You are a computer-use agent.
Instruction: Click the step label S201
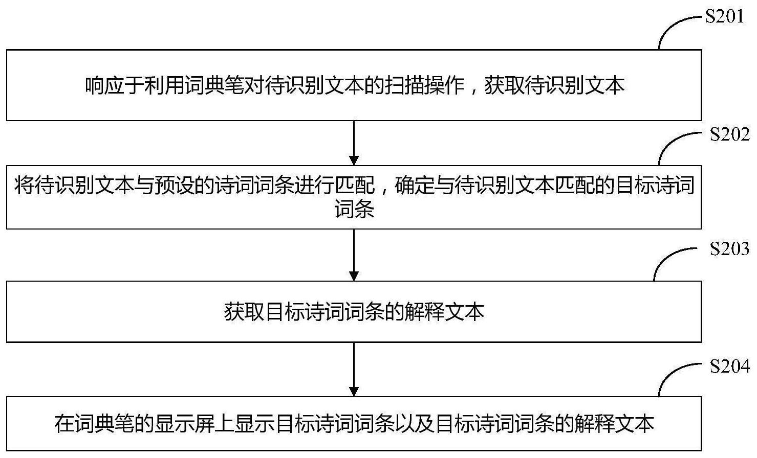pyautogui.click(x=724, y=16)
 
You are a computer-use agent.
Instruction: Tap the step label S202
pyautogui.click(x=729, y=134)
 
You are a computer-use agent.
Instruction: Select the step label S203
pyautogui.click(x=729, y=249)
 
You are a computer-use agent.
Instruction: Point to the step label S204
pyautogui.click(x=729, y=366)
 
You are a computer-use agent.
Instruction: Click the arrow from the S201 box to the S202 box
pyautogui.click(x=354, y=143)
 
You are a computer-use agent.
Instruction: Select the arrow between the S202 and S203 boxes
pyautogui.click(x=354, y=255)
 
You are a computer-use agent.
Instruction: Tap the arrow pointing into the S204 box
pyautogui.click(x=354, y=370)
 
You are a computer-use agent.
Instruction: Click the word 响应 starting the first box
pyautogui.click(x=104, y=86)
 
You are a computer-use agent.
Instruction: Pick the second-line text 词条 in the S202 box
pyautogui.click(x=354, y=209)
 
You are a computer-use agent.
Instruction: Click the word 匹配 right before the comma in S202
pyautogui.click(x=355, y=185)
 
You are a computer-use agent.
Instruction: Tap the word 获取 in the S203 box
pyautogui.click(x=244, y=312)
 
